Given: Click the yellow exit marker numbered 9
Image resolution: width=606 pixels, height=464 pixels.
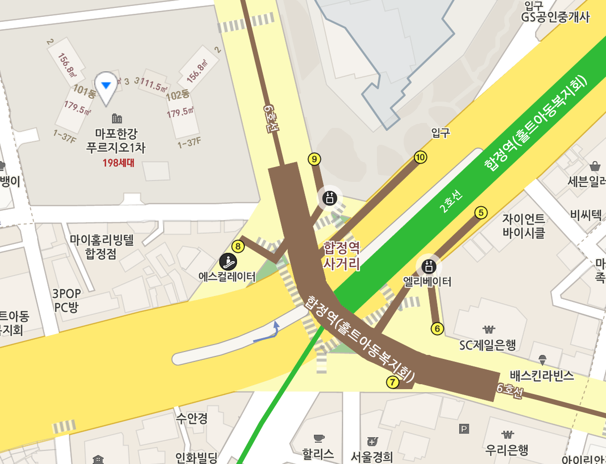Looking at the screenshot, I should (314, 159).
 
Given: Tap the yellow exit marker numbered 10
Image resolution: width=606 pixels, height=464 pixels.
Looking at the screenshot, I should (421, 158).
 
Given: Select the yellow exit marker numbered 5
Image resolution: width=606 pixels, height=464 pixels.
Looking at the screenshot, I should (481, 213).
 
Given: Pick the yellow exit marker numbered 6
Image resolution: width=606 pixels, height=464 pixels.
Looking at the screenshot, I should (437, 328).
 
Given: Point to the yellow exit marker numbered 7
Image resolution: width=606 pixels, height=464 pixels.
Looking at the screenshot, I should (393, 382).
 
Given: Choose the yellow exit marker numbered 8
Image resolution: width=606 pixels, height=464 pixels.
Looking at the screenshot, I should (238, 246).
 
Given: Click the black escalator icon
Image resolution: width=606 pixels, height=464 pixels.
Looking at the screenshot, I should (228, 261).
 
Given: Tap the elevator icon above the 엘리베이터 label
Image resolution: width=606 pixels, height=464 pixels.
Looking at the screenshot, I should (429, 266).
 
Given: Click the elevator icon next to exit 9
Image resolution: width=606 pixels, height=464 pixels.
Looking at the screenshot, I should (330, 198).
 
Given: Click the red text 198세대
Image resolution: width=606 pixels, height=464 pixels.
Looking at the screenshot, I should (118, 163).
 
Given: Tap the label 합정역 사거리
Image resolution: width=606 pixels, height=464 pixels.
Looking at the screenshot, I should (342, 255).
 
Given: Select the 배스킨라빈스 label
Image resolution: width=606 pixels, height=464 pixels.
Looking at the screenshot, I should (542, 375).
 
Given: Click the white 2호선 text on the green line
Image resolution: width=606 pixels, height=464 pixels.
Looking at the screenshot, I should (451, 201).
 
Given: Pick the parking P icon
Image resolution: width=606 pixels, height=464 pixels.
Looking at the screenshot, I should (464, 429).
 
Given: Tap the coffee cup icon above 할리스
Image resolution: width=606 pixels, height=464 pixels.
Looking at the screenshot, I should (318, 438).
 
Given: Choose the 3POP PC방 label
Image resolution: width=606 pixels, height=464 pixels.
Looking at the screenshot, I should (66, 300).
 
